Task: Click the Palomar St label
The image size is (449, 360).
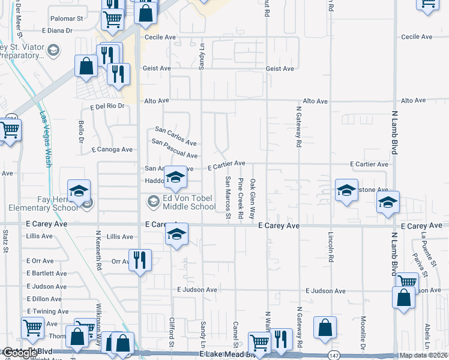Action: pos(67,19)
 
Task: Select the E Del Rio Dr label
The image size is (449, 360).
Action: pos(107,106)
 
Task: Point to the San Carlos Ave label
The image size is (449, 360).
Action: pos(176,136)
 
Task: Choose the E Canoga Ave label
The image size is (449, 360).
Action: pos(112,149)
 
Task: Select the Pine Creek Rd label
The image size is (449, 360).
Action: pos(240,197)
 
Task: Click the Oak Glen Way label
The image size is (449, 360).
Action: pos(253,198)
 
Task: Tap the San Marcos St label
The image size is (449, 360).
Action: pos(228,194)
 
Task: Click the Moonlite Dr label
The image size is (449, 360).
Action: pos(363,334)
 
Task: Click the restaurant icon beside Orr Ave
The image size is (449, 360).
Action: pos(139,260)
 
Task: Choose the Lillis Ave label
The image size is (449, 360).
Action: pos(39,236)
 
